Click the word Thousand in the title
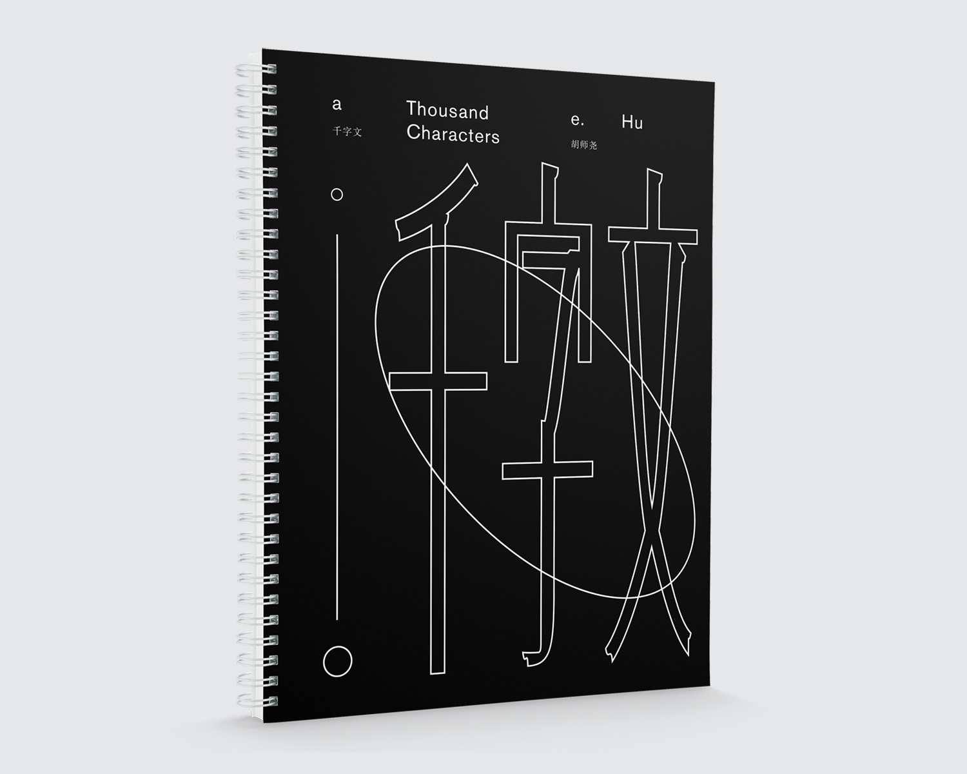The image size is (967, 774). click(447, 111)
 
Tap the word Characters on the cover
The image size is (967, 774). click(453, 134)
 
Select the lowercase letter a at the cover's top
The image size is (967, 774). click(337, 104)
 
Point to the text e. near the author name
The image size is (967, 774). click(578, 119)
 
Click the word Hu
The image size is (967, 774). click(632, 122)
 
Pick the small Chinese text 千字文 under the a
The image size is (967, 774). click(347, 132)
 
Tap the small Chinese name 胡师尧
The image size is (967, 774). click(583, 145)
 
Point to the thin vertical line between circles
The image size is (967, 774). click(337, 426)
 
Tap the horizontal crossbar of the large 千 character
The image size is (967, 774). click(438, 381)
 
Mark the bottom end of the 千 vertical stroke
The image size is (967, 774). click(437, 673)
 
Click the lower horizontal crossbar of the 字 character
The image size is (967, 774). click(547, 470)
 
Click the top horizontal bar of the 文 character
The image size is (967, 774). click(653, 235)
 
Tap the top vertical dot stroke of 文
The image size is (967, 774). click(654, 198)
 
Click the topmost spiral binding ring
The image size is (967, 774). click(255, 69)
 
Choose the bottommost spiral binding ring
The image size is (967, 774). click(257, 700)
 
